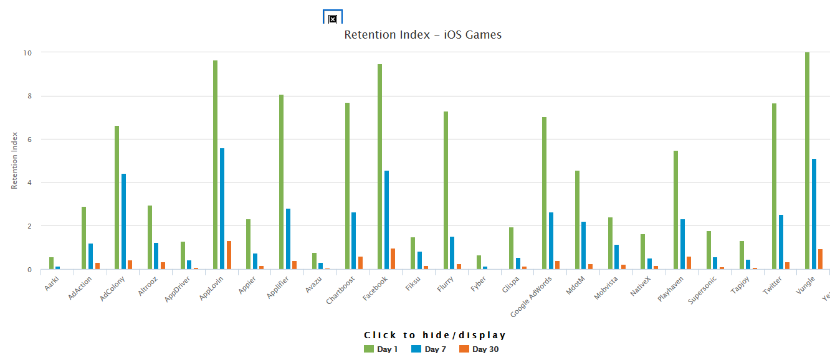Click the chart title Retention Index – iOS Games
(422, 35)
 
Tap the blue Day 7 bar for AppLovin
(222, 209)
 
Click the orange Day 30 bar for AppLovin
(229, 255)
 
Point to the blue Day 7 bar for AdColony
(123, 222)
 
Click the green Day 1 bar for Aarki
(51, 263)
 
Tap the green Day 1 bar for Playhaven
(675, 210)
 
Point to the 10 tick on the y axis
(27, 53)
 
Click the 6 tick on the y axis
(29, 140)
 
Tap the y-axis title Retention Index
(14, 161)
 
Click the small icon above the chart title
(333, 19)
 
